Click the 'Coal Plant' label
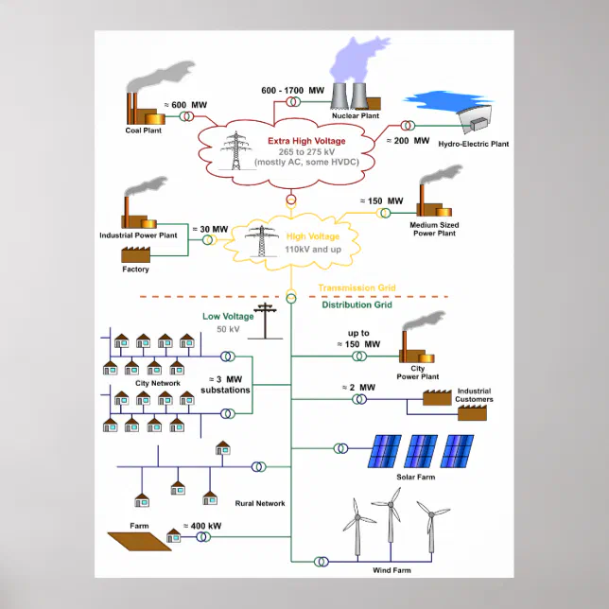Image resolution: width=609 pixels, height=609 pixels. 144,130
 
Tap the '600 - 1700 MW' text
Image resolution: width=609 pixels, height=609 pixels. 293,91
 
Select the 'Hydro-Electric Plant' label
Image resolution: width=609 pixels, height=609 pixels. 474,145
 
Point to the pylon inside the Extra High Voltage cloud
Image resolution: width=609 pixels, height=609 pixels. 234,150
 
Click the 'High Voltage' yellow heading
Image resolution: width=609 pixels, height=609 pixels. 308,237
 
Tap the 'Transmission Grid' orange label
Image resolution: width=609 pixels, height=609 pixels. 357,287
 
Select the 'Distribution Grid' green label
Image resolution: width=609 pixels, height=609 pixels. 358,304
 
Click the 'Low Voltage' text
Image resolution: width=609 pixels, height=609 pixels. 228,317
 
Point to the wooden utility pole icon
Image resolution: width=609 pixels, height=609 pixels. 268,321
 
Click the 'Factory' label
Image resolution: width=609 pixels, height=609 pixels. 135,270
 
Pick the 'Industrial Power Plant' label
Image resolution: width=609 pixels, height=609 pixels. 138,235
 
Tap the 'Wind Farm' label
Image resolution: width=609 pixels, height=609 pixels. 393,571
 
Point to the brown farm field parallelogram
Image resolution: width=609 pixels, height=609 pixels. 138,540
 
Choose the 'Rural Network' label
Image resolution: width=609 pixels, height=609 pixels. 260,503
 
